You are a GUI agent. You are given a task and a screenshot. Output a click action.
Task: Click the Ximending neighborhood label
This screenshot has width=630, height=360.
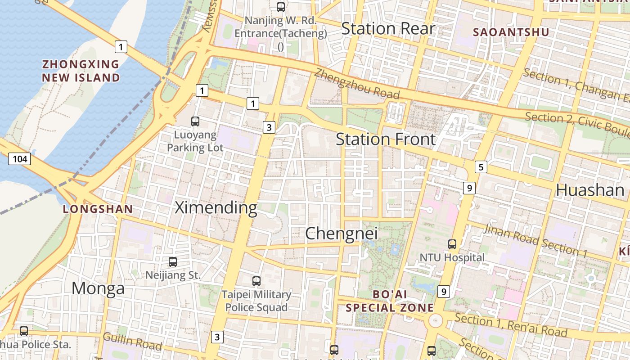[216, 208]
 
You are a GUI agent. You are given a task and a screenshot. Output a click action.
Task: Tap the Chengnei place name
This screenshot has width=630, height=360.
[341, 234]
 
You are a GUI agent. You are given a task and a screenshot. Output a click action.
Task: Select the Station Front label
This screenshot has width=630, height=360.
[386, 139]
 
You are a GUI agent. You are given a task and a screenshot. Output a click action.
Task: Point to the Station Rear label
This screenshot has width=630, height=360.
[388, 29]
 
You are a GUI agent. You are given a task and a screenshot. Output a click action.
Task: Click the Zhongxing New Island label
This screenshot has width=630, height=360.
[81, 71]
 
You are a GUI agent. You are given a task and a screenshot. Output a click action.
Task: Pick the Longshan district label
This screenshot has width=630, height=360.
[98, 209]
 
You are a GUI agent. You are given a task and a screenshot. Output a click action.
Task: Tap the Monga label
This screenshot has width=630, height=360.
[98, 288]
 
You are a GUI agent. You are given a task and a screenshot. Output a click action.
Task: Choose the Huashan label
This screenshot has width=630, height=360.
[590, 190]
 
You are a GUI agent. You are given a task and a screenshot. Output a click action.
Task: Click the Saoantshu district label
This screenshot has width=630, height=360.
[511, 32]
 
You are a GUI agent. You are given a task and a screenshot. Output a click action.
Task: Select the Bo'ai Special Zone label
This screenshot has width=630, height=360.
[390, 301]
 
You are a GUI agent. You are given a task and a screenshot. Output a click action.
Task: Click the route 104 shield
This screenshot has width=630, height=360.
[19, 159]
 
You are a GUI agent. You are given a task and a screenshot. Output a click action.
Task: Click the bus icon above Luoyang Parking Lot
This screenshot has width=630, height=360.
[195, 121]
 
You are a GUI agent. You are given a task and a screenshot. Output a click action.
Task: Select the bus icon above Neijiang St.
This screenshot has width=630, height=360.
[173, 261]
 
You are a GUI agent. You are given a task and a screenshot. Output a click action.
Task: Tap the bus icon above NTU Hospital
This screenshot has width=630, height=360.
[452, 244]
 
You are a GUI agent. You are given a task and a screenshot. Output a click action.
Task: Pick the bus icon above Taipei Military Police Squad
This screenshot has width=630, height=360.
[256, 281]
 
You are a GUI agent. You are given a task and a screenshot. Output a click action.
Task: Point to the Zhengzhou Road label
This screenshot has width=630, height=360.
[357, 84]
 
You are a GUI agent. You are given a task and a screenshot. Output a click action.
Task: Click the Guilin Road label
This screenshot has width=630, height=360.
[132, 342]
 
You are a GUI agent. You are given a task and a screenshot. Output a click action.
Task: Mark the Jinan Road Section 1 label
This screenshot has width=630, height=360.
[535, 241]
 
